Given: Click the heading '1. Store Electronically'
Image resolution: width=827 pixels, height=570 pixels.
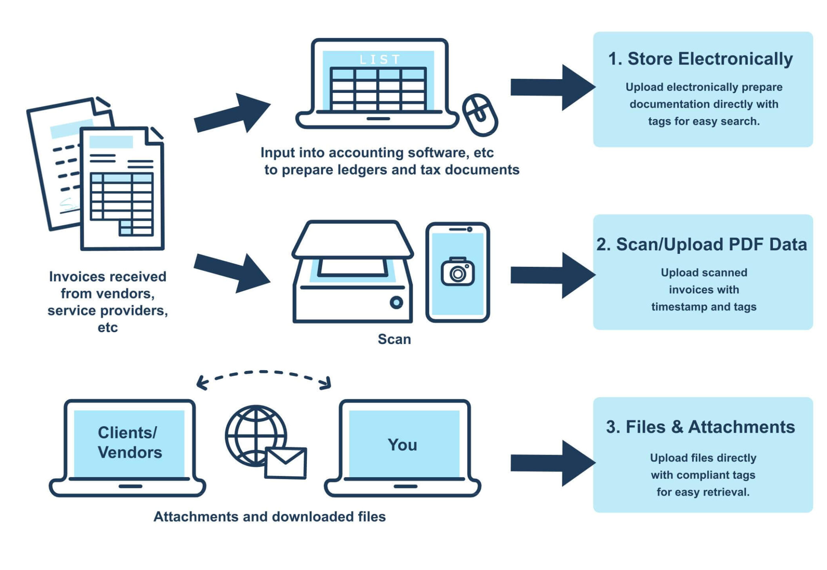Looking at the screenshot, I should (x=700, y=59).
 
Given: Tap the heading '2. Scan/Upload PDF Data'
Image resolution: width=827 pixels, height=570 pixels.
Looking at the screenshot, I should (x=701, y=244).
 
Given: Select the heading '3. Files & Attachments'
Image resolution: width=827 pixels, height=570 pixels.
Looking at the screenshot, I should (x=700, y=427).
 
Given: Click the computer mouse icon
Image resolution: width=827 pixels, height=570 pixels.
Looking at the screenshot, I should (x=480, y=115).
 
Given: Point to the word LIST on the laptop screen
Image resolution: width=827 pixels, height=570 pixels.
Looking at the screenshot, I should (x=380, y=60).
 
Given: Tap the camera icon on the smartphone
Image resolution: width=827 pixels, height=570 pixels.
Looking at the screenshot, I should (x=457, y=272).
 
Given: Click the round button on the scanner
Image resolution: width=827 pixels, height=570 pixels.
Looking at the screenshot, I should (x=396, y=302).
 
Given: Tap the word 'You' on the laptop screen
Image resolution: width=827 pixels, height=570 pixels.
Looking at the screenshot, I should (x=402, y=445).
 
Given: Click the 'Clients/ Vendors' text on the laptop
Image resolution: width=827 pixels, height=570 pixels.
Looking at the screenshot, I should (x=130, y=442).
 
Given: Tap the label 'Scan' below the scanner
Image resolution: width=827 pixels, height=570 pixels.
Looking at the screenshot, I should (x=394, y=339).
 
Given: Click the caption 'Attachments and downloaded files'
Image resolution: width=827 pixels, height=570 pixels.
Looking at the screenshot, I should (x=269, y=517).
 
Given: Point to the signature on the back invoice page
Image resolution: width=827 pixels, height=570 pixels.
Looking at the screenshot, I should (x=69, y=205).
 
